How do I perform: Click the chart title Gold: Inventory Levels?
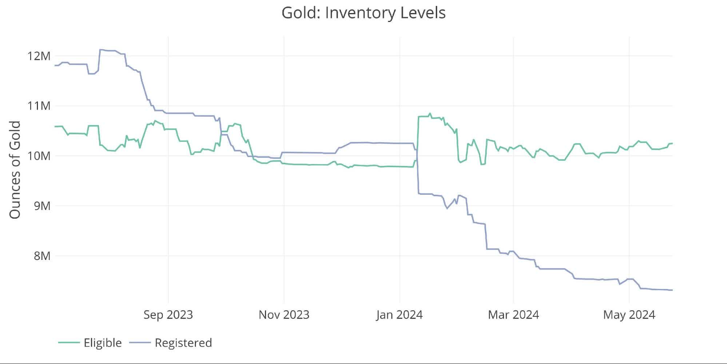pyautogui.click(x=363, y=13)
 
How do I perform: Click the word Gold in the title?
pyautogui.click(x=298, y=13)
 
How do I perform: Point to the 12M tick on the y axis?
pyautogui.click(x=39, y=56)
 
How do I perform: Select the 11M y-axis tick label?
pyautogui.click(x=39, y=106)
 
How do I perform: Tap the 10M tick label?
pyautogui.click(x=39, y=156)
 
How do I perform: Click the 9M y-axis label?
pyautogui.click(x=42, y=206)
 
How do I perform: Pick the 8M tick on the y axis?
pyautogui.click(x=42, y=256)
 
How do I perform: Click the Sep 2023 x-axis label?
pyautogui.click(x=168, y=315)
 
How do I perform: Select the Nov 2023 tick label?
pyautogui.click(x=284, y=315)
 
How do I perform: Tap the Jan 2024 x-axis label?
pyautogui.click(x=399, y=315)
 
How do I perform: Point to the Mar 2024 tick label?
pyautogui.click(x=513, y=315)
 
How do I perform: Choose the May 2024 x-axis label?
pyautogui.click(x=629, y=315)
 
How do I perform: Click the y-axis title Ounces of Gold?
pyautogui.click(x=15, y=170)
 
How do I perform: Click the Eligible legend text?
pyautogui.click(x=103, y=343)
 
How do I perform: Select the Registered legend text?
pyautogui.click(x=183, y=343)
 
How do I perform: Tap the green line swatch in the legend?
pyautogui.click(x=69, y=343)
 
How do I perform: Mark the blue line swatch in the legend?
pyautogui.click(x=140, y=343)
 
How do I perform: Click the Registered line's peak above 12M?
pyautogui.click(x=101, y=50)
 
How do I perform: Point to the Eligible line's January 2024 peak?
pyautogui.click(x=430, y=114)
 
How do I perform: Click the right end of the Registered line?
pyautogui.click(x=672, y=290)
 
